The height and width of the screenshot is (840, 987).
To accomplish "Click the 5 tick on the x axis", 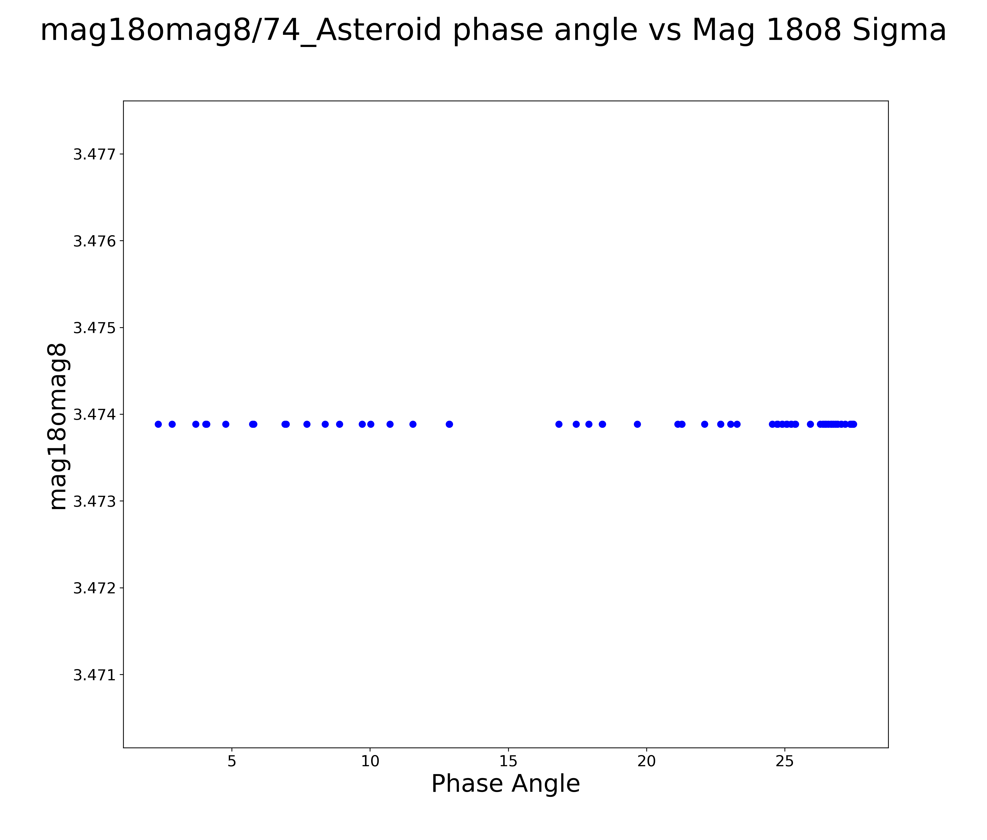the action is [232, 761].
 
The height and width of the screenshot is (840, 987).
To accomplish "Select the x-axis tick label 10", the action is [370, 761].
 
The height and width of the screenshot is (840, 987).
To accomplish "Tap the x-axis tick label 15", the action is [508, 761].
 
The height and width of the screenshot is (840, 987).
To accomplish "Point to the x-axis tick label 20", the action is [646, 761].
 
